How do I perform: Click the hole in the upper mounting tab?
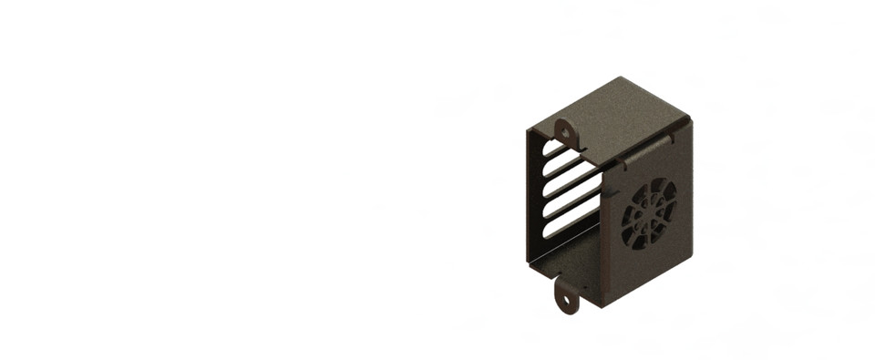coord(565,132)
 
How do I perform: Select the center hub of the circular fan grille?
coord(649,215)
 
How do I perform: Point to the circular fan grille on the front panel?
coord(649,215)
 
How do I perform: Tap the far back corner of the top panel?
coord(620,77)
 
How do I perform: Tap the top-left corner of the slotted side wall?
coord(528,130)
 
